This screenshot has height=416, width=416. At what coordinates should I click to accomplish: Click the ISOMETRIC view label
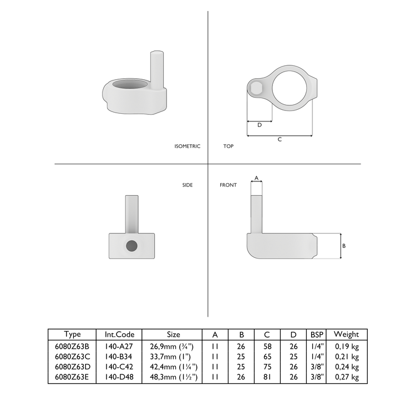click(187, 146)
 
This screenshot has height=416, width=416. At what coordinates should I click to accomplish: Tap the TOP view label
click(228, 146)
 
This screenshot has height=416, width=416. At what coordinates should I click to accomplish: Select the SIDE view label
click(187, 185)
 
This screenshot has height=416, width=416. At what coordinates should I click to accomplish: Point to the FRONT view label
click(228, 185)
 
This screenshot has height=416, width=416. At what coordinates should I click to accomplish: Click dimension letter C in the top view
click(280, 140)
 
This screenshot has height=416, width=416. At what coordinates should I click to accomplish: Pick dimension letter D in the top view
click(259, 125)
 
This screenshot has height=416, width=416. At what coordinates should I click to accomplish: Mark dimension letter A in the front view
click(256, 178)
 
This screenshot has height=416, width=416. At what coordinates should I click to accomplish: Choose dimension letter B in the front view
click(343, 246)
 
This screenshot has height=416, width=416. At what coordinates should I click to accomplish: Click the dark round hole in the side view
click(131, 246)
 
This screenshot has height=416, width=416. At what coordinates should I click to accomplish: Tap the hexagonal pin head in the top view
click(257, 88)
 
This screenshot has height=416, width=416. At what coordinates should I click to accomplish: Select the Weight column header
click(347, 334)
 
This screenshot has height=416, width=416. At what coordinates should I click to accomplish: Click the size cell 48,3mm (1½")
click(174, 377)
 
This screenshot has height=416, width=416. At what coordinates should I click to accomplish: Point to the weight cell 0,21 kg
click(347, 356)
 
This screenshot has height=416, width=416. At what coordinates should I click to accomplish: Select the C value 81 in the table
click(267, 377)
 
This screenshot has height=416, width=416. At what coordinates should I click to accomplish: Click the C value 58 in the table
click(267, 345)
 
